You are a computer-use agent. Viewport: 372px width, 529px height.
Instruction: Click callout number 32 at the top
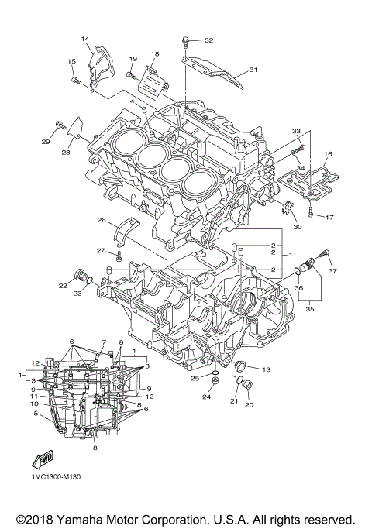[x=208, y=40]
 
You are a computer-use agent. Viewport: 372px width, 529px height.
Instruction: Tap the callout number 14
[x=85, y=38]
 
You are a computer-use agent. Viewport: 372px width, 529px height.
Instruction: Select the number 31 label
[x=253, y=70]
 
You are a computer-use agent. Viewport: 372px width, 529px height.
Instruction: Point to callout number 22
[x=62, y=286]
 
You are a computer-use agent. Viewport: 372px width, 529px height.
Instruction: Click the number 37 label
[x=332, y=272]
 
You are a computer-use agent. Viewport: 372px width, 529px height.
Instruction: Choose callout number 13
[x=265, y=369]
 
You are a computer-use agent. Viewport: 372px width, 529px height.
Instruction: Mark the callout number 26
[x=101, y=221]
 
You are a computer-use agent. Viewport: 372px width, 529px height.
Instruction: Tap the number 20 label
[x=250, y=404]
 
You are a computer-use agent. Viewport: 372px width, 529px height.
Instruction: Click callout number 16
[x=328, y=155]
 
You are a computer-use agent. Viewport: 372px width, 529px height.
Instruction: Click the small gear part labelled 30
[x=284, y=208]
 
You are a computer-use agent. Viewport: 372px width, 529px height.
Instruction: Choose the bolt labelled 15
[x=76, y=79]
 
